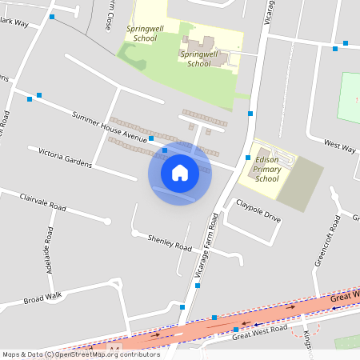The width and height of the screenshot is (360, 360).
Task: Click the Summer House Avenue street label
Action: coord(109,127)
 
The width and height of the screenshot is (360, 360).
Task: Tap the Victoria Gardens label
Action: coord(60,158)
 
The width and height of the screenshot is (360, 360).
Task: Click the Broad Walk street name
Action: coord(42,299)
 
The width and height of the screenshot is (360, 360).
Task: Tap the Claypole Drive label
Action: coord(258,211)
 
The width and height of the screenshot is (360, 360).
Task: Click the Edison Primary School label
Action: coord(266,170)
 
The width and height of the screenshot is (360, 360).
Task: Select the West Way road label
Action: coord(339,146)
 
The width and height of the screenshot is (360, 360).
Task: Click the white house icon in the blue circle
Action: coord(180,173)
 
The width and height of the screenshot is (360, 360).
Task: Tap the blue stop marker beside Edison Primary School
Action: coord(249,157)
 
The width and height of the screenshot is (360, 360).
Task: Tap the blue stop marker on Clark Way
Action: coord(53,16)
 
